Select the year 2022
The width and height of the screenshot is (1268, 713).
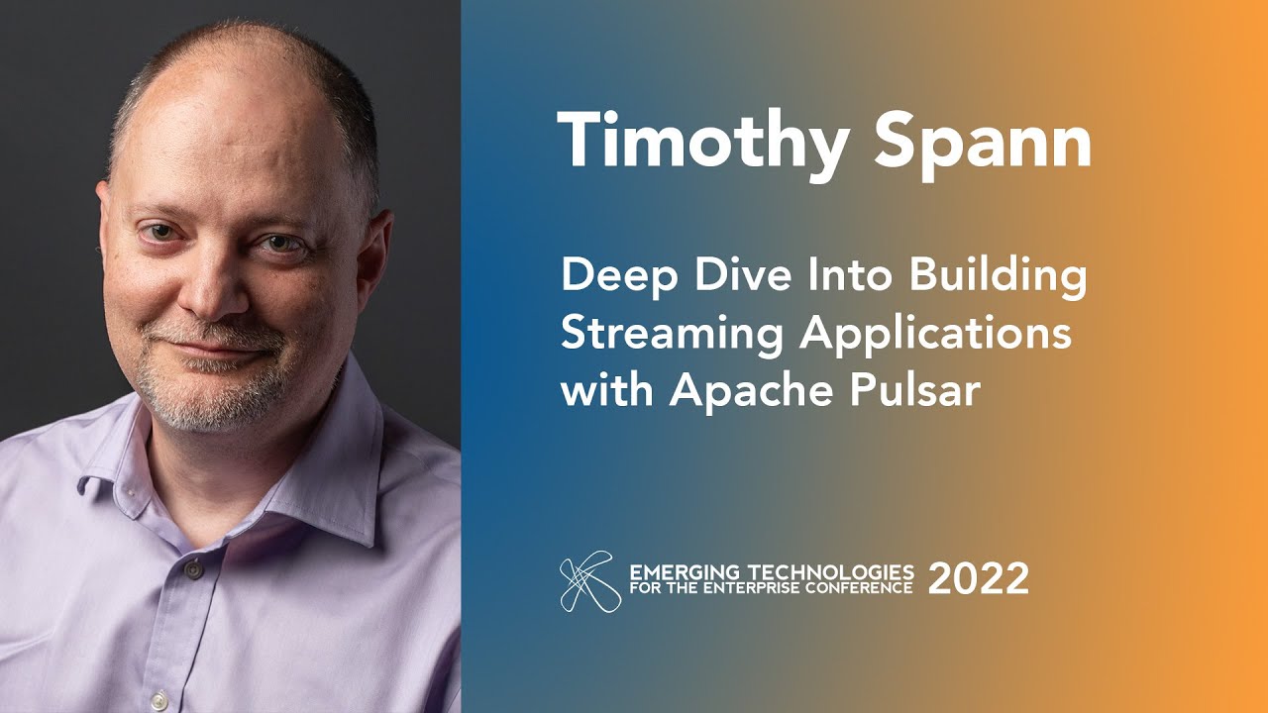pyautogui.click(x=978, y=578)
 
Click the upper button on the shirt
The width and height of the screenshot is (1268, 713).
pyautogui.click(x=192, y=568)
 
